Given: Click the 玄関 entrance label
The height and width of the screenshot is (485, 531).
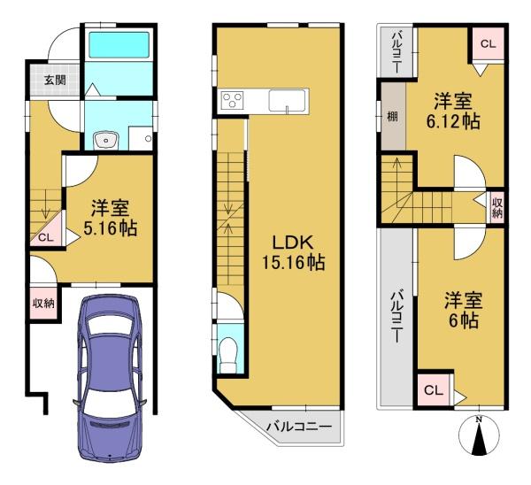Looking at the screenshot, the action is click(x=55, y=81).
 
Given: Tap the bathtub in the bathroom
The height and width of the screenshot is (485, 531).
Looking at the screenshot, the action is click(x=119, y=44).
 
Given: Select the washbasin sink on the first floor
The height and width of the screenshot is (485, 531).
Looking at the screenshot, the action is click(x=106, y=140).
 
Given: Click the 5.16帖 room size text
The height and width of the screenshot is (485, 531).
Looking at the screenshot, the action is click(x=111, y=228).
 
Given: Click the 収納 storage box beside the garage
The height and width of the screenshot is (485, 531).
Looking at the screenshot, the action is click(x=43, y=303).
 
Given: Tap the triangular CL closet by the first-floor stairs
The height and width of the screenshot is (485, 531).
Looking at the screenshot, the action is click(x=48, y=230).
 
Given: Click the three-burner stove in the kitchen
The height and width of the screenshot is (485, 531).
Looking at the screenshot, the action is click(x=232, y=100).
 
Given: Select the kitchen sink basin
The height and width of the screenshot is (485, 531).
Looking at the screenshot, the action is click(x=287, y=100).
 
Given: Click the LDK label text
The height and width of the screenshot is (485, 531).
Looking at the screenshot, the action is click(x=293, y=242).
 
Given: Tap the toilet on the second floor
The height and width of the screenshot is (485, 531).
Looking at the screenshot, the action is click(x=228, y=355).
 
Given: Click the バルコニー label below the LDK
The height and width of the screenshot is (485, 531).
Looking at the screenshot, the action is click(x=299, y=427).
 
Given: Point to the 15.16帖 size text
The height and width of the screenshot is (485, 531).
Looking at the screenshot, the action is click(x=293, y=262).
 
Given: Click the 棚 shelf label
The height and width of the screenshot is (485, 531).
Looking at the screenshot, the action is click(x=392, y=117).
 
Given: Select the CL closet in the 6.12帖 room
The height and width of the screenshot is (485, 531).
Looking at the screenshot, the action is click(x=488, y=43).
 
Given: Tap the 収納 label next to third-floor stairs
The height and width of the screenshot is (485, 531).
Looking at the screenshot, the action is click(x=497, y=208).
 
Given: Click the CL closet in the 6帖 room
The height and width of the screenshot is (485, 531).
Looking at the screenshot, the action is click(x=434, y=390).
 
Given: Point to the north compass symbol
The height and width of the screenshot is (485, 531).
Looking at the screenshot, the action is click(x=479, y=435).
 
